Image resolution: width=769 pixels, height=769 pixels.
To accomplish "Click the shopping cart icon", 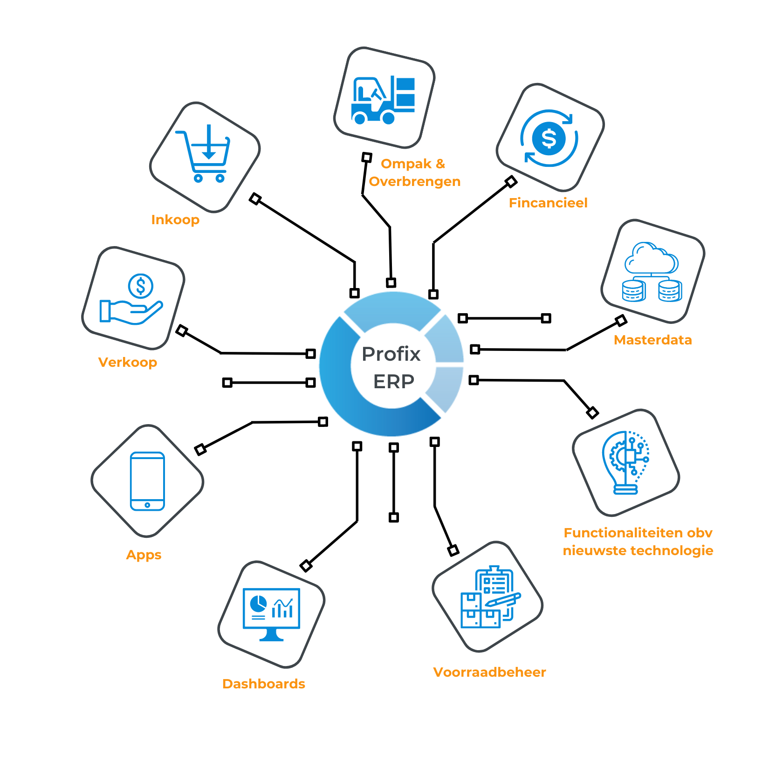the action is coord(203,153).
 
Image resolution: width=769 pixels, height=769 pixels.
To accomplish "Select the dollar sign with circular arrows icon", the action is coord(549,138).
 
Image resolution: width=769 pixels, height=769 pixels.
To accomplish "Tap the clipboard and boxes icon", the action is coord(491,597).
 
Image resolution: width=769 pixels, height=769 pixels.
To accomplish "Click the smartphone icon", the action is coord(147,481).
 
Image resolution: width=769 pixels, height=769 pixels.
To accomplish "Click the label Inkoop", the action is coord(175,220).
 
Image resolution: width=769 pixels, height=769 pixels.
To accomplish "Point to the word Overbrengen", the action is coord(415,181).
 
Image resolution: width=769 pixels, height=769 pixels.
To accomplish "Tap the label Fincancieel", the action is coord(548,203).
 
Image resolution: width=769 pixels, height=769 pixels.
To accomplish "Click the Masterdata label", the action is coord(653,340).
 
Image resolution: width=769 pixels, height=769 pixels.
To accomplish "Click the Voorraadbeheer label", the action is coord(489,672).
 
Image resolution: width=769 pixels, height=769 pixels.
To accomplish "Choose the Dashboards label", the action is coord(264,684).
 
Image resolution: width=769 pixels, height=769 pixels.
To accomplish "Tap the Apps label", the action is coord(144,555).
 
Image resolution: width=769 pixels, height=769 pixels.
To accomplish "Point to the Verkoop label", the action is coord(128,362).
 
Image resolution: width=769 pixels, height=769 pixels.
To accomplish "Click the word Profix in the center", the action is coord(391,354).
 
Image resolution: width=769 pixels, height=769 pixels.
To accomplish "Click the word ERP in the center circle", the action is coord(394,382).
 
